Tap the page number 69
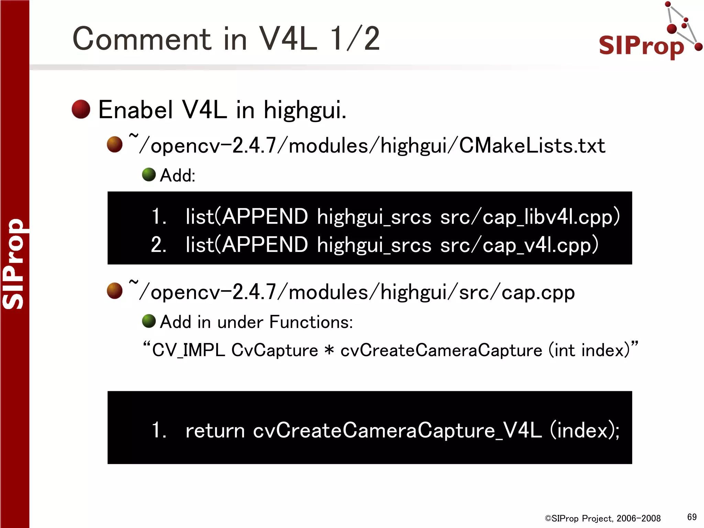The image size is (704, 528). [692, 517]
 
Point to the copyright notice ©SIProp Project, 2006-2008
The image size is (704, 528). [603, 518]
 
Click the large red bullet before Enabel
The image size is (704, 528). [81, 109]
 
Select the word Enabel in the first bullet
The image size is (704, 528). [135, 110]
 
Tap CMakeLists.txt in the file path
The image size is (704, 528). [532, 146]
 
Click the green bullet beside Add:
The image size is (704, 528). [149, 175]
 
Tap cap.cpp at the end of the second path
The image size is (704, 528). [538, 293]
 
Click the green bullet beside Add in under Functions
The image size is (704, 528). [149, 321]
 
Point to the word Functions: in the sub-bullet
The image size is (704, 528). [311, 322]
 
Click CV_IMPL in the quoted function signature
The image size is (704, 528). [188, 351]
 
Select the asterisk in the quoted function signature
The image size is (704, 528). [329, 350]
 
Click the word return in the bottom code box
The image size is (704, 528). [215, 430]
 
